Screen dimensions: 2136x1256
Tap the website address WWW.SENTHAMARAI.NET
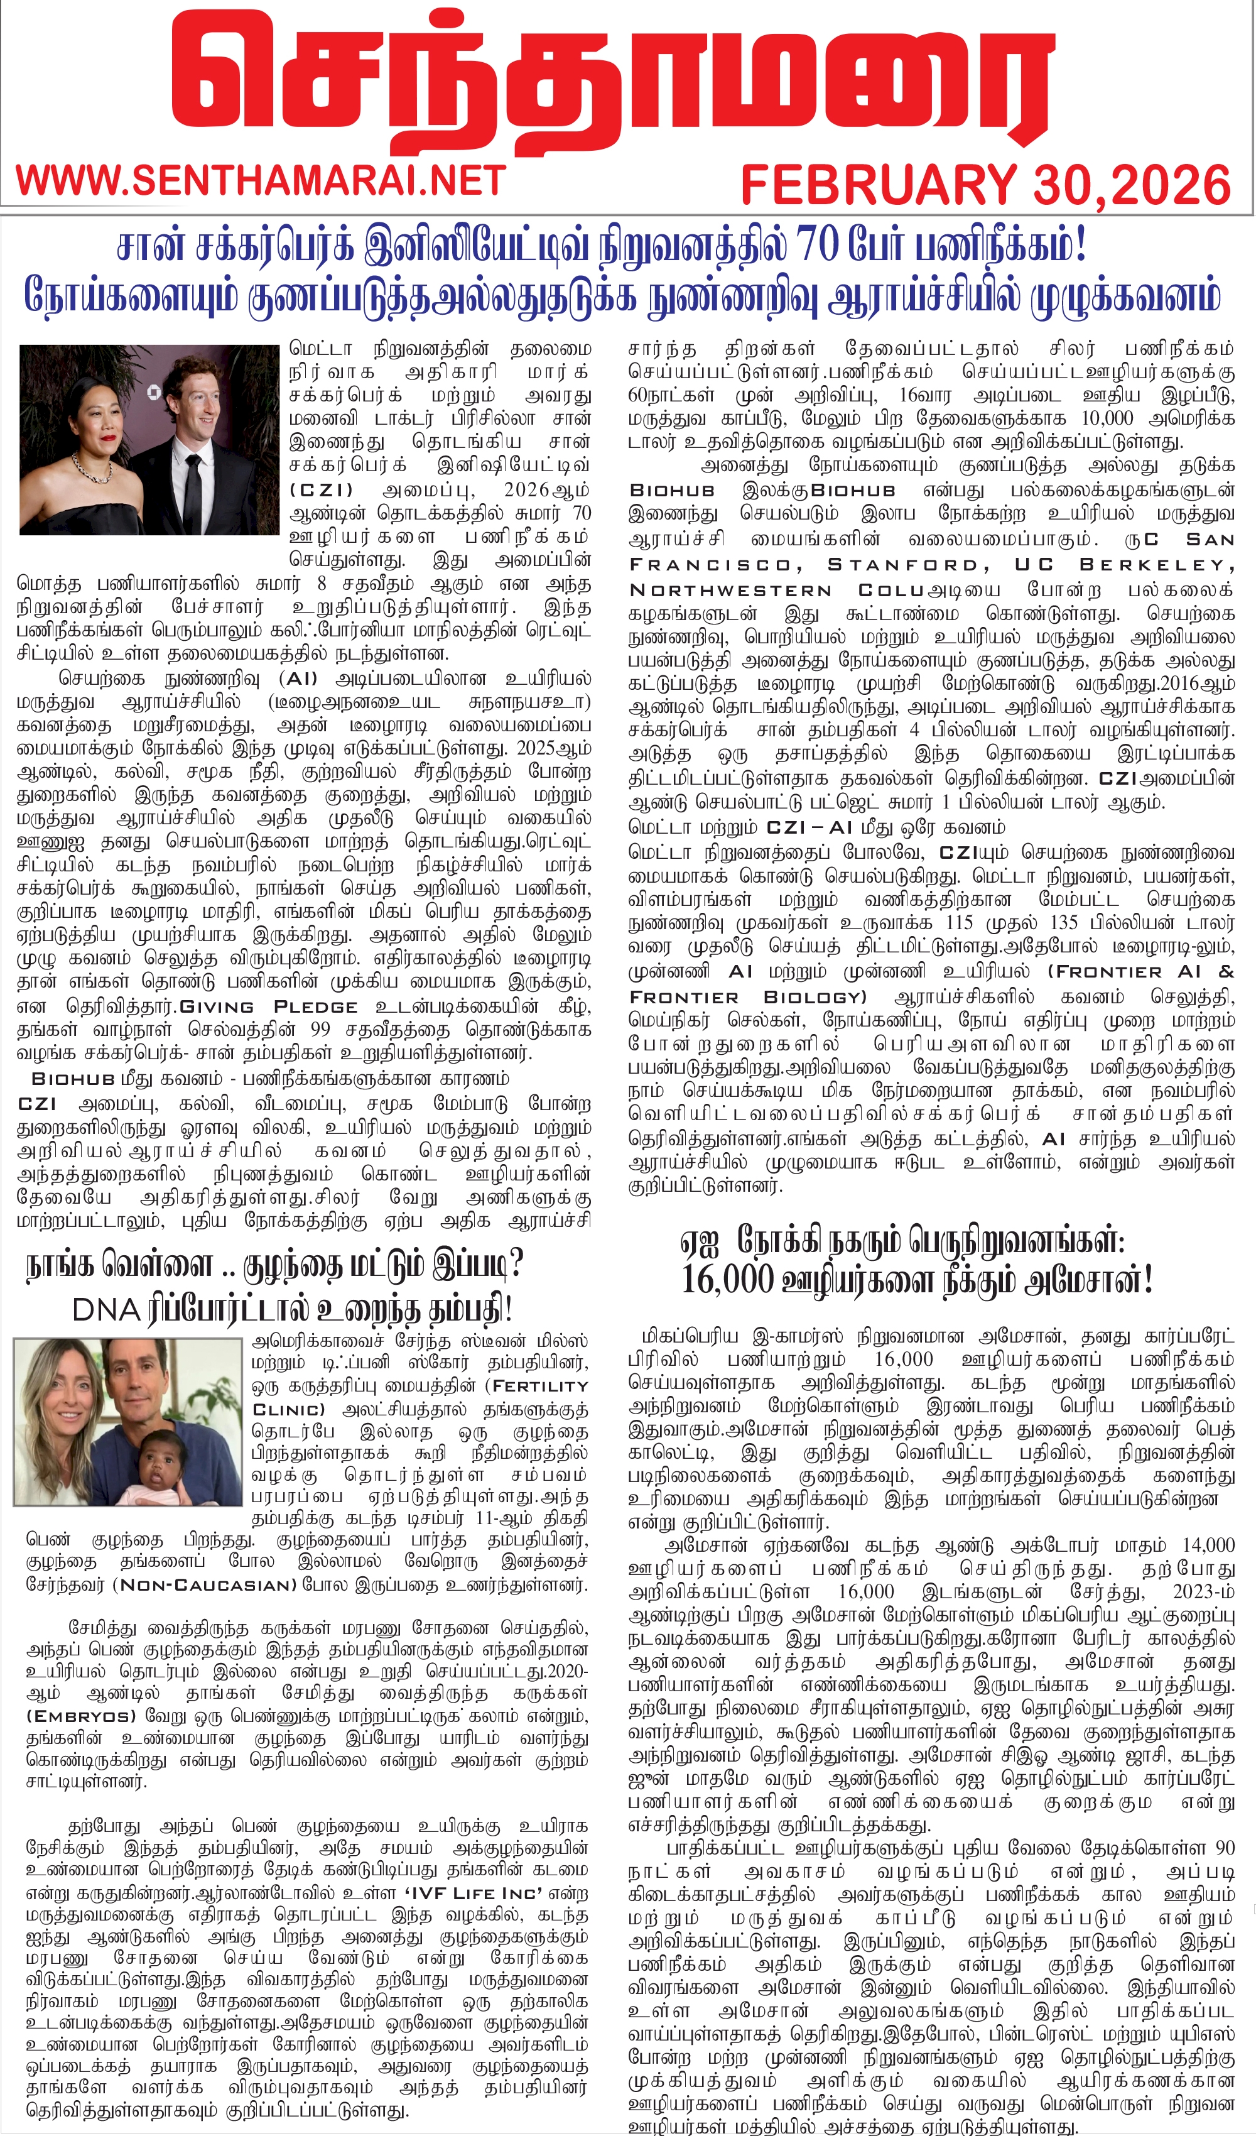pyautogui.click(x=261, y=180)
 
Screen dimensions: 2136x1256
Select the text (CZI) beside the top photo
pyautogui.click(x=321, y=490)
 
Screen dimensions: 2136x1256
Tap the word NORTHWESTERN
pyautogui.click(x=730, y=590)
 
